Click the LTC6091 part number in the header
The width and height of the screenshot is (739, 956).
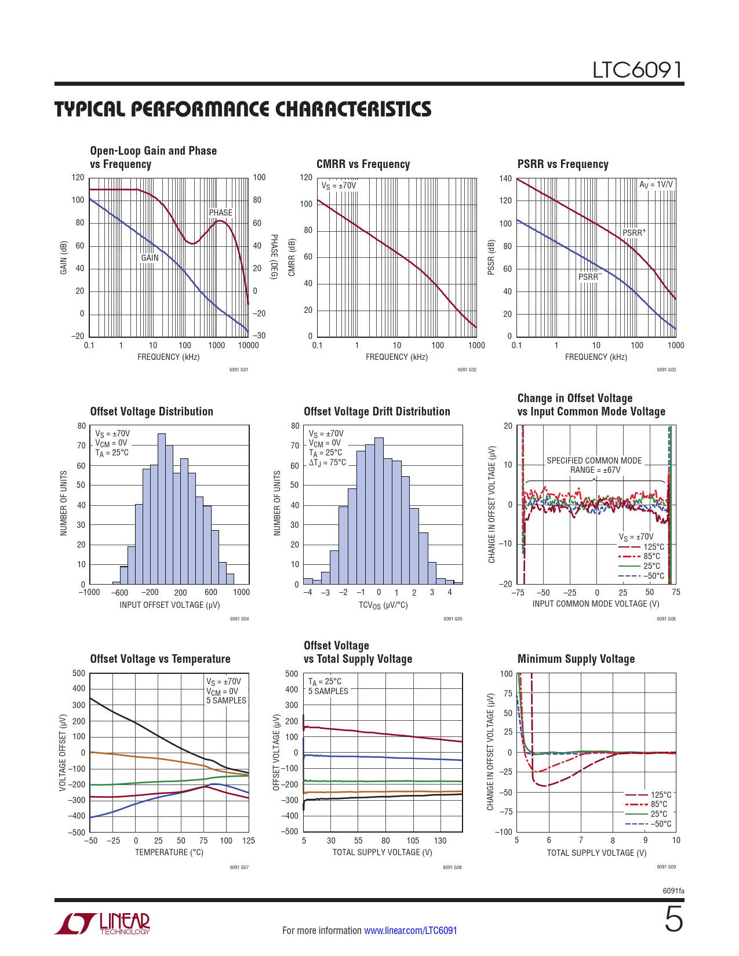point(637,71)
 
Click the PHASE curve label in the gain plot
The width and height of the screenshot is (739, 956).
point(220,213)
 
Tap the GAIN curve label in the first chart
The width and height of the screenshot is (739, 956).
point(150,258)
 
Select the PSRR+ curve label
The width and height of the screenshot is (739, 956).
point(634,233)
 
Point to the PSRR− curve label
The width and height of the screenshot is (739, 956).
point(589,277)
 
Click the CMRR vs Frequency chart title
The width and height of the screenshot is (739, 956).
point(363,165)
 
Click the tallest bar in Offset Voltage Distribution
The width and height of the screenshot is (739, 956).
point(162,509)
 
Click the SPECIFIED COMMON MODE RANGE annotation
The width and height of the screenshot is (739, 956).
point(594,465)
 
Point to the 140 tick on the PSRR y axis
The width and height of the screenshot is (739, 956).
point(505,178)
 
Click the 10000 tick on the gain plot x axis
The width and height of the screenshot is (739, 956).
point(248,345)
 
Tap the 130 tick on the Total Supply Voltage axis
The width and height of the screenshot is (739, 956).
point(441,841)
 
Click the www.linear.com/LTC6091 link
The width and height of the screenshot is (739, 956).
point(410,931)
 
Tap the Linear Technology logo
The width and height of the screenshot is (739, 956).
point(103,924)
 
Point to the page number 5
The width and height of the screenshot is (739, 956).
point(674,920)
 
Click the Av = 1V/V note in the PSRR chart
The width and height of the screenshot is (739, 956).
point(656,185)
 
